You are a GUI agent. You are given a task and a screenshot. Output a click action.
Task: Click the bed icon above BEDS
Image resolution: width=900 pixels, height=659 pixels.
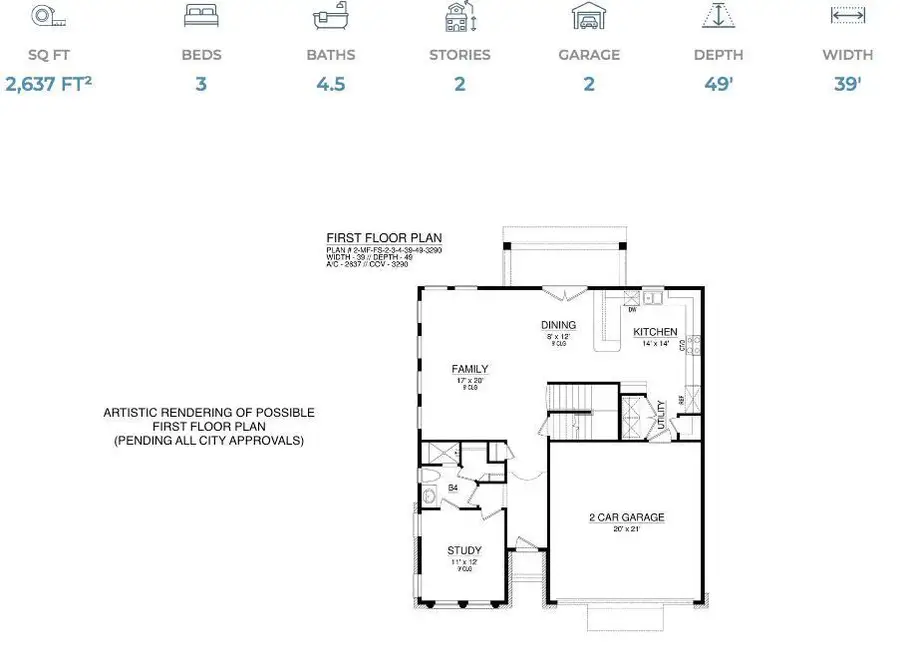point(201,16)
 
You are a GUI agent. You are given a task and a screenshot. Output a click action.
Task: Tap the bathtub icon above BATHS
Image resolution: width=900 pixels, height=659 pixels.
point(330,17)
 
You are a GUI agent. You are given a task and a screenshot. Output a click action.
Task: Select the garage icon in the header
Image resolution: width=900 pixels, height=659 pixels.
point(588,16)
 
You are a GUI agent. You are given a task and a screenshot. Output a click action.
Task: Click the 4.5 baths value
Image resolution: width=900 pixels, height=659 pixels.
point(330,84)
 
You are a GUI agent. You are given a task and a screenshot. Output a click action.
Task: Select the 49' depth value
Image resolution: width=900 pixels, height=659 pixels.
point(719,84)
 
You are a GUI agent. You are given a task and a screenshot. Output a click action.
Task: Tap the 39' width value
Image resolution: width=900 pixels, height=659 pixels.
point(847,84)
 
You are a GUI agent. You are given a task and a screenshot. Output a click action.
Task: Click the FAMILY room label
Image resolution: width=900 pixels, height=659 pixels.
point(470,369)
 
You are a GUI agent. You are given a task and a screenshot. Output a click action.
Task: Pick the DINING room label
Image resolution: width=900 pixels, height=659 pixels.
point(558,325)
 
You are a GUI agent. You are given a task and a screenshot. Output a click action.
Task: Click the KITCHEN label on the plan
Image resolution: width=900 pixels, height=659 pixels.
point(655,332)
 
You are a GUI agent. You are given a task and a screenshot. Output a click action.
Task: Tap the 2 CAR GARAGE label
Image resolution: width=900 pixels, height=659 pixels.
point(626,518)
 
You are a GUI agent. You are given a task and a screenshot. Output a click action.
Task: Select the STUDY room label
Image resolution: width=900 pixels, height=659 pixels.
point(464,550)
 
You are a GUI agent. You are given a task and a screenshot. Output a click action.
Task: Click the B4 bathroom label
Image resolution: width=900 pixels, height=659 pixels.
point(452,488)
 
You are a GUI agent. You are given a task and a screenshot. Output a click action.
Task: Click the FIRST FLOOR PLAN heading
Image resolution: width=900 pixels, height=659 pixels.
point(370,238)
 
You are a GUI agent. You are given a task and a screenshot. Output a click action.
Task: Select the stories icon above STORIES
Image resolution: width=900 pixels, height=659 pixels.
point(459,17)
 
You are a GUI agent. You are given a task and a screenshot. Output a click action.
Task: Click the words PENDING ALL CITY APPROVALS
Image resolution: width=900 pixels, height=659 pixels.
point(209,440)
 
